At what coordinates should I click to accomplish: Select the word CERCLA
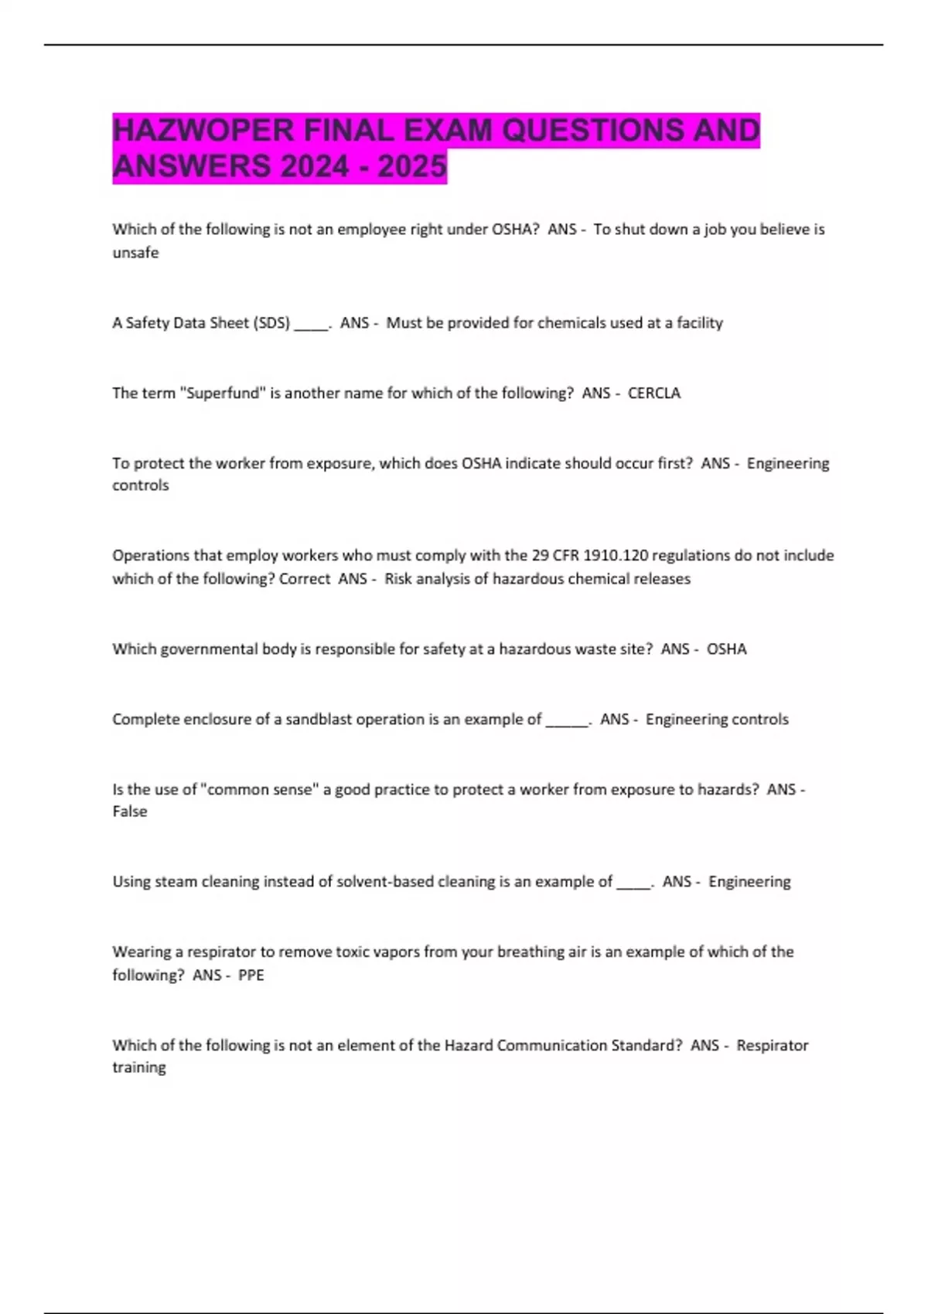pyautogui.click(x=654, y=393)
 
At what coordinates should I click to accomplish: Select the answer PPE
pyautogui.click(x=251, y=975)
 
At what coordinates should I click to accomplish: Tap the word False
pyautogui.click(x=129, y=811)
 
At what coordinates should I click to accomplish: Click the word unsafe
pyautogui.click(x=135, y=253)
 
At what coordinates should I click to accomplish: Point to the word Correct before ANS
pyautogui.click(x=305, y=578)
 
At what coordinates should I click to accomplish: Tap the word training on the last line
pyautogui.click(x=139, y=1067)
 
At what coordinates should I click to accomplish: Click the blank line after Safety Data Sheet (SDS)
pyautogui.click(x=311, y=324)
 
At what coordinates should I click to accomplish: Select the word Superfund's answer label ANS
pyautogui.click(x=596, y=393)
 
